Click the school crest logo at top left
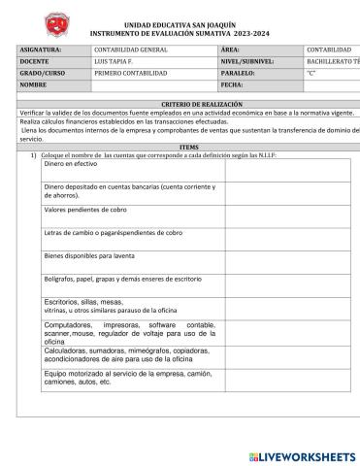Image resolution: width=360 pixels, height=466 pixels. point(35,20)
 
